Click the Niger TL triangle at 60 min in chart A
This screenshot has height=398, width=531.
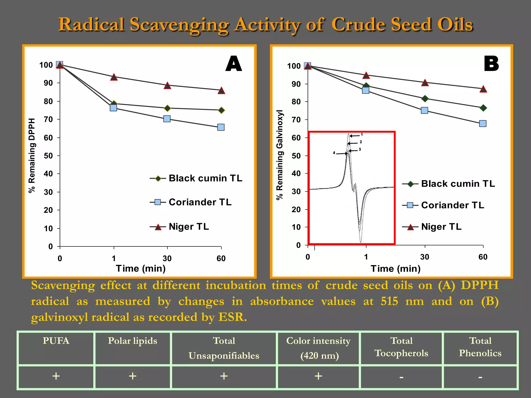221,90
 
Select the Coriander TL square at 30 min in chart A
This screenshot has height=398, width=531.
167,119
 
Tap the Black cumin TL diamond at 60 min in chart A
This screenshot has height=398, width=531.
221,110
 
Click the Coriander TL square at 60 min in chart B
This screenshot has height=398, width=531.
483,123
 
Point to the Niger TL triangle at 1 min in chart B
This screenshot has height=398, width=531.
366,76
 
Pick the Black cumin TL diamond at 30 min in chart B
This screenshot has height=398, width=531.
425,99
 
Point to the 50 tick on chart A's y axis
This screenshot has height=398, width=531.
48,156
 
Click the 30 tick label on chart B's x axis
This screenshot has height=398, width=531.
425,257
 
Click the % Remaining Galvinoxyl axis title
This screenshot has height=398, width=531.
280,155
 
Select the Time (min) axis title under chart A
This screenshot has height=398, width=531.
141,268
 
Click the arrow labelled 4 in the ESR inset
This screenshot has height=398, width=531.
340,153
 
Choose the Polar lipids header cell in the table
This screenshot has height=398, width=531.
132,341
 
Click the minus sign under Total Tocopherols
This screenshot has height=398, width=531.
401,377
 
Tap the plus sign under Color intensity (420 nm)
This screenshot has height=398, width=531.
318,376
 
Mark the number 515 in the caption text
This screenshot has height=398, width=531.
389,301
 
